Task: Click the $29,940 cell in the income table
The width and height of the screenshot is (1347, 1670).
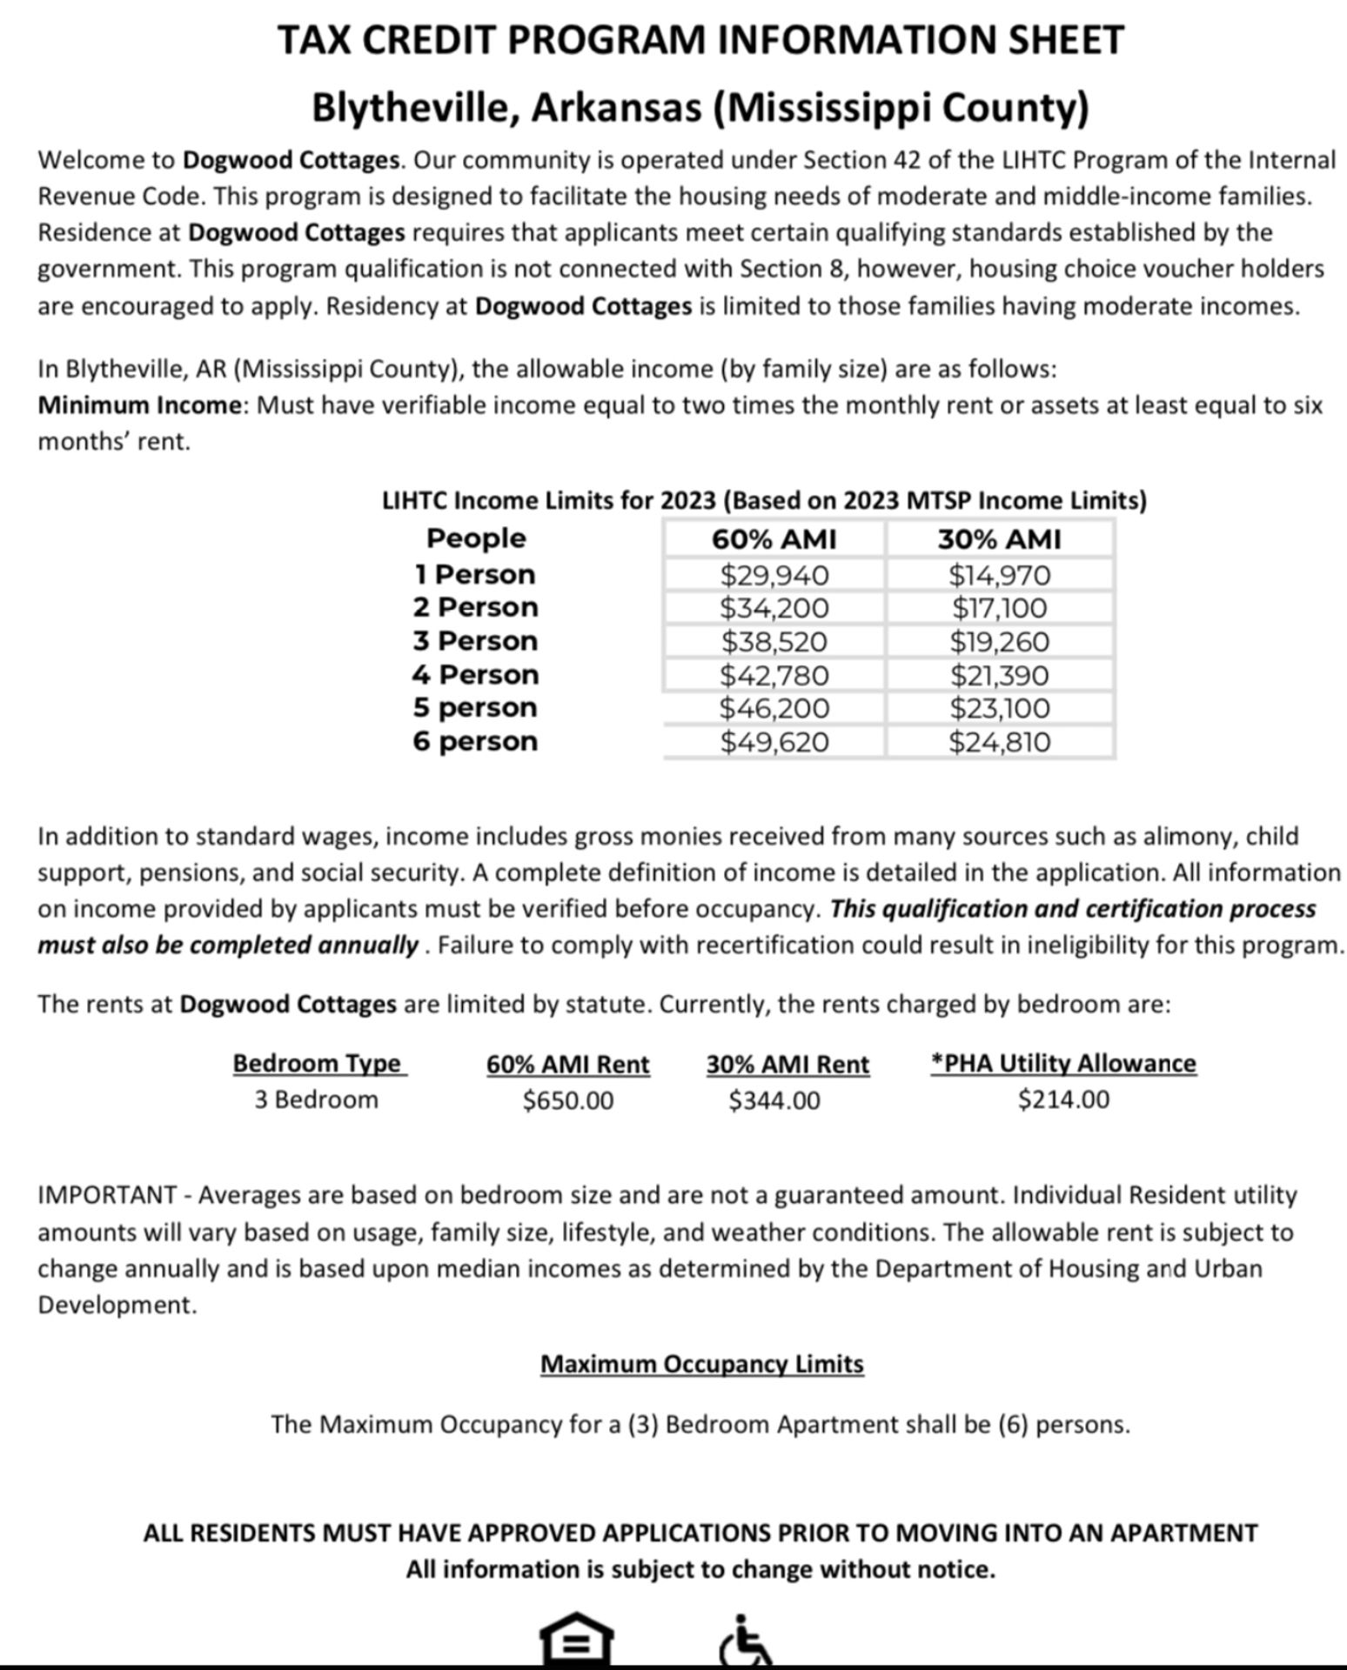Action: click(774, 575)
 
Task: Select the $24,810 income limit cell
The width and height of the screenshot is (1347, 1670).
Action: click(999, 742)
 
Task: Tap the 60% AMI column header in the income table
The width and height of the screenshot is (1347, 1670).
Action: click(774, 539)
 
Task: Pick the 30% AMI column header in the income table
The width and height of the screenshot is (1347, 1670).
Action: click(999, 539)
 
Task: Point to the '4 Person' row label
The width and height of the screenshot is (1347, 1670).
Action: click(475, 674)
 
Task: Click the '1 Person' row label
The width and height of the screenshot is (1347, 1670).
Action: click(475, 574)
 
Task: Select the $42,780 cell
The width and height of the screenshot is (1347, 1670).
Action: click(774, 675)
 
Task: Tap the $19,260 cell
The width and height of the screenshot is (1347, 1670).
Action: click(999, 642)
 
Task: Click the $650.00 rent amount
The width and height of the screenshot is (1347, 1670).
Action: click(567, 1100)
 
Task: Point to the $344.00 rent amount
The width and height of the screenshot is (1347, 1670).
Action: click(774, 1100)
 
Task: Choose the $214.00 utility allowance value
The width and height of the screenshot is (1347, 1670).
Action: click(1063, 1099)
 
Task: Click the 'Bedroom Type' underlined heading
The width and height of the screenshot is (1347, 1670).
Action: click(318, 1063)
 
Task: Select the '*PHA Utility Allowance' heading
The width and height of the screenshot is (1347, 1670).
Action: click(1063, 1063)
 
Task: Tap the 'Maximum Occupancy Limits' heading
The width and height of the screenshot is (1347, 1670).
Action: click(701, 1363)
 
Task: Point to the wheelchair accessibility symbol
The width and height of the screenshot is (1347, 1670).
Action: click(745, 1641)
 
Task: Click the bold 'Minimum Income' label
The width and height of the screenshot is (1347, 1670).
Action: click(139, 405)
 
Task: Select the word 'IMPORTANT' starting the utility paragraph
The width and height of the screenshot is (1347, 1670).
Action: click(107, 1195)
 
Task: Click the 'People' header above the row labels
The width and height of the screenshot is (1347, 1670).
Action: click(475, 538)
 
